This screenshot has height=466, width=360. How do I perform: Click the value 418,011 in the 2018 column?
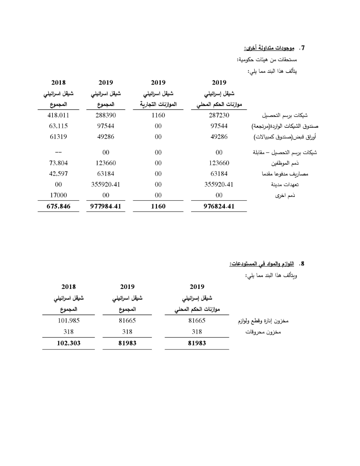58,116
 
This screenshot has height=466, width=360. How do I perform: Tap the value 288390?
106,116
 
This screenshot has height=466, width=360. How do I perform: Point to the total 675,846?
58,207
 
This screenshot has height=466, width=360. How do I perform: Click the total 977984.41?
106,207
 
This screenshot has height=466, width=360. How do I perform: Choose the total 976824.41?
219,207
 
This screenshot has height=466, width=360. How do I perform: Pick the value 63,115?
58,126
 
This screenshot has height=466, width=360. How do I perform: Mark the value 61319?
58,137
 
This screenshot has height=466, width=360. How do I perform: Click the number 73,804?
58,163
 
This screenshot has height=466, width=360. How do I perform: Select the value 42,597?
58,174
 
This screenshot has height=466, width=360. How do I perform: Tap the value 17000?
58,195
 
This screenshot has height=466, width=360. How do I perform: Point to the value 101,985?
68,321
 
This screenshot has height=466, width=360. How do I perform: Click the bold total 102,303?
68,343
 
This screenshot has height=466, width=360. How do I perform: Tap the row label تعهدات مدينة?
298,185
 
